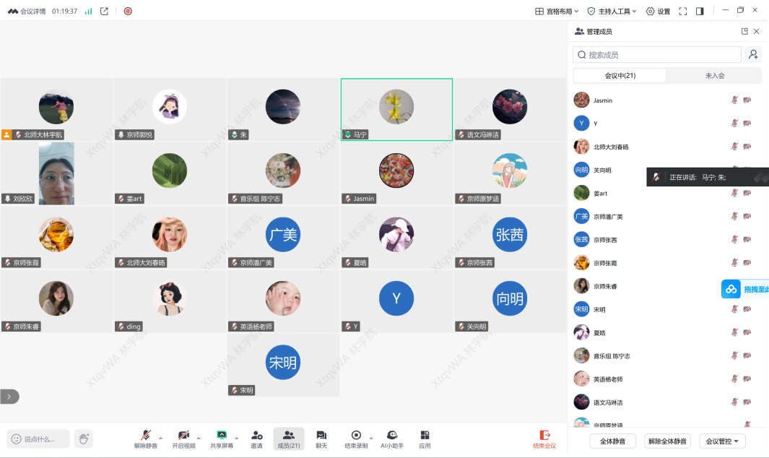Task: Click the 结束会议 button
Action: click(x=544, y=438)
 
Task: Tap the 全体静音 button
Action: click(x=612, y=441)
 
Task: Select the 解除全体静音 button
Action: click(x=667, y=441)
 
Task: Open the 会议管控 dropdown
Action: click(x=722, y=441)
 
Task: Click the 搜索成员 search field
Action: click(x=657, y=55)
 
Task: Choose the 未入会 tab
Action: click(x=714, y=76)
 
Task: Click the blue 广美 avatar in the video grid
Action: click(x=283, y=235)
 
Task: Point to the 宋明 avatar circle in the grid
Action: click(x=283, y=363)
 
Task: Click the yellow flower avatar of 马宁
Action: click(x=396, y=107)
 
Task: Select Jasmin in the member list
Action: click(x=603, y=100)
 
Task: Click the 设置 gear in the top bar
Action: click(x=658, y=12)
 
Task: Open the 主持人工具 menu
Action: click(x=612, y=12)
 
